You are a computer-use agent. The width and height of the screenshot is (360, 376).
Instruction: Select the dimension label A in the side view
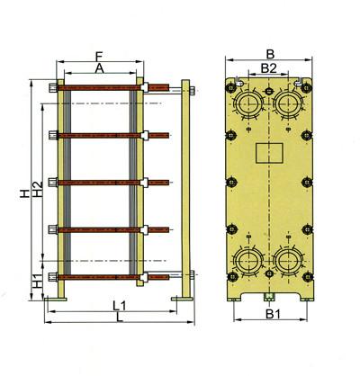[99, 67]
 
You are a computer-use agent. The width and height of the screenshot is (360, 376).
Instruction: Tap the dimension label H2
[35, 192]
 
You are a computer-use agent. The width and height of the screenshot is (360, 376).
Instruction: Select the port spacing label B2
[268, 67]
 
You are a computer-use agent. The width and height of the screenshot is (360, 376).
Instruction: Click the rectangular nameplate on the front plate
[269, 154]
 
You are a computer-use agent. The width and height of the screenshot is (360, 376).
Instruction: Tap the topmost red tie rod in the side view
[99, 87]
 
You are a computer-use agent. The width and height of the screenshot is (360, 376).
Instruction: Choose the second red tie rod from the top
[99, 135]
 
